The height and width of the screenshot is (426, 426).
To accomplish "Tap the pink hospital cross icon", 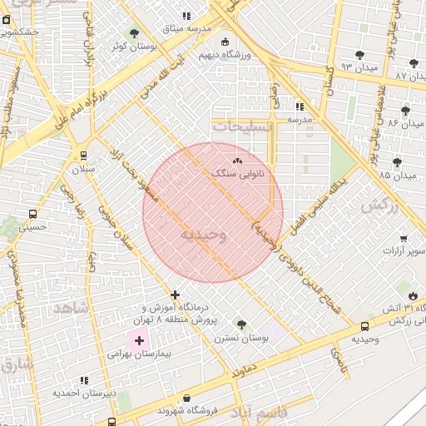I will tap(139, 340).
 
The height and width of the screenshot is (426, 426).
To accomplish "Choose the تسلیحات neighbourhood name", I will tap(242, 126).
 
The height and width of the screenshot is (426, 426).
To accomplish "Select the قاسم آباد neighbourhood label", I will tap(259, 413).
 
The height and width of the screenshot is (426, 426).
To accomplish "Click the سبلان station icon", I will tap(83, 156).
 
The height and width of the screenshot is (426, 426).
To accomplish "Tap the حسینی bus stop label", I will tap(32, 225).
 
